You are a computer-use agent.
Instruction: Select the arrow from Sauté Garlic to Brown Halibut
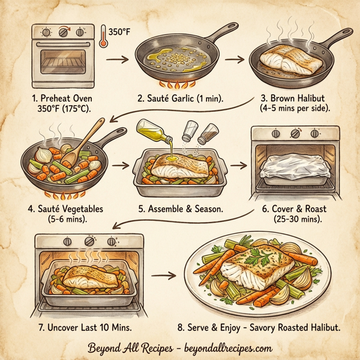pos(240,59)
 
